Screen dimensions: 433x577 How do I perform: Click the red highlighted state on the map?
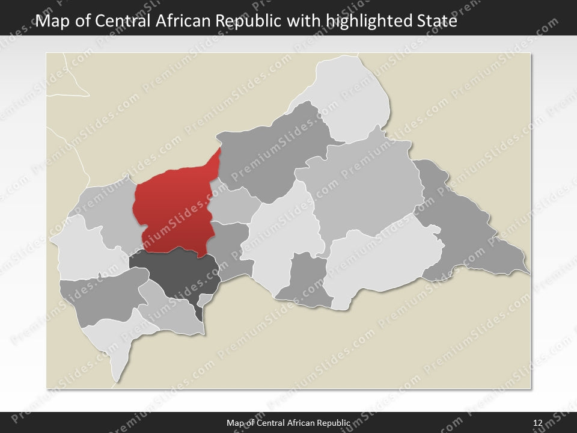[174, 210]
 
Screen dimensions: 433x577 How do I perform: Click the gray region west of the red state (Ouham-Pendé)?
[111, 210]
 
